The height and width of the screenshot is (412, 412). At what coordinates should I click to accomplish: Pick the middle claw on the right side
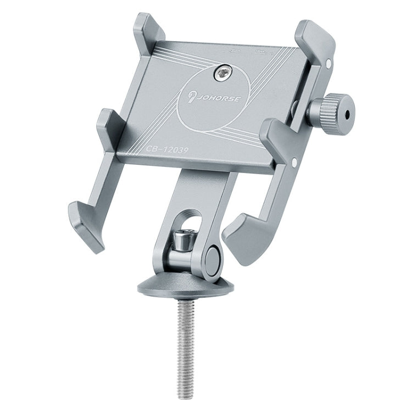(277, 135)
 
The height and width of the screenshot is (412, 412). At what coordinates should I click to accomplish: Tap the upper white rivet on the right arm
(328, 64)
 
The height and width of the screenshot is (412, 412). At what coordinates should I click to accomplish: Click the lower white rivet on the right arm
(295, 162)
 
